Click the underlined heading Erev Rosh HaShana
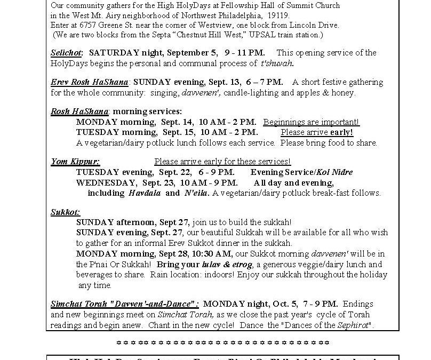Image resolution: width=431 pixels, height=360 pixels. (x=90, y=82)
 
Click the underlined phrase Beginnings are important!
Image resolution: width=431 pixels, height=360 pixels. (x=311, y=122)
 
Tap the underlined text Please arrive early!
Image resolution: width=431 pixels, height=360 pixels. (x=317, y=132)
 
